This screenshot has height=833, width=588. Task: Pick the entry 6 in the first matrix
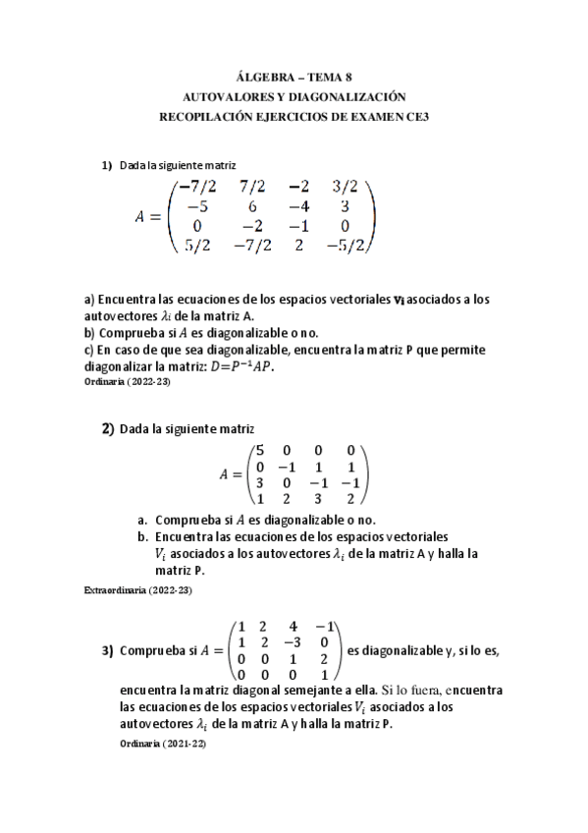pyautogui.click(x=252, y=206)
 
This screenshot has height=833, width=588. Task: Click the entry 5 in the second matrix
pyautogui.click(x=259, y=449)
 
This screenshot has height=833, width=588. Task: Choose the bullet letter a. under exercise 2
pyautogui.click(x=142, y=520)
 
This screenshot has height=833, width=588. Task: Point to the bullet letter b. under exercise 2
pyautogui.click(x=142, y=537)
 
